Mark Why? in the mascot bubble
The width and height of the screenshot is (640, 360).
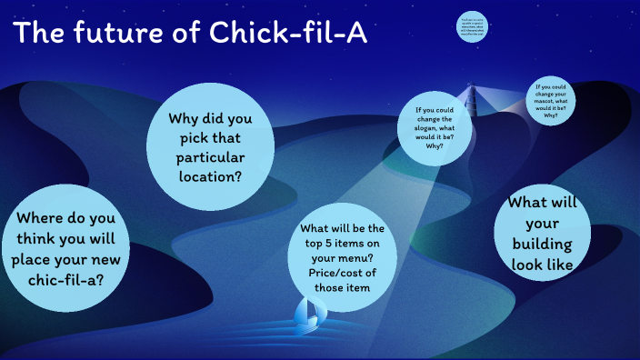point(551,115)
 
